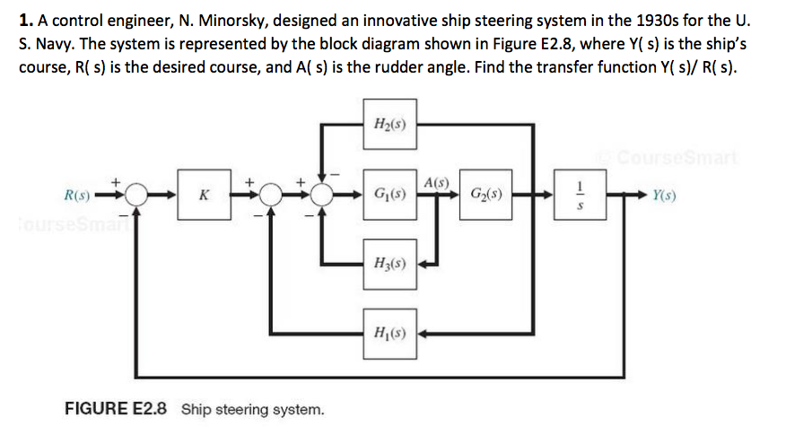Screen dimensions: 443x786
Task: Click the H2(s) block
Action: [x=390, y=124]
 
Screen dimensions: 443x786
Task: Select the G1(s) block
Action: [x=390, y=193]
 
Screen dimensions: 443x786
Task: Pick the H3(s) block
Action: [x=390, y=265]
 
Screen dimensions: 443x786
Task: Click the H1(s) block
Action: [x=390, y=334]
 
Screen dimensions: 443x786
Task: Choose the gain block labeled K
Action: [x=204, y=193]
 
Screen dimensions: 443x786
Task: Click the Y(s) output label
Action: [x=665, y=193]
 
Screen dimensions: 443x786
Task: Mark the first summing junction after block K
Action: [x=266, y=193]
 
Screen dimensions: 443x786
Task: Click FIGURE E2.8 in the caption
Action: [x=116, y=410]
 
